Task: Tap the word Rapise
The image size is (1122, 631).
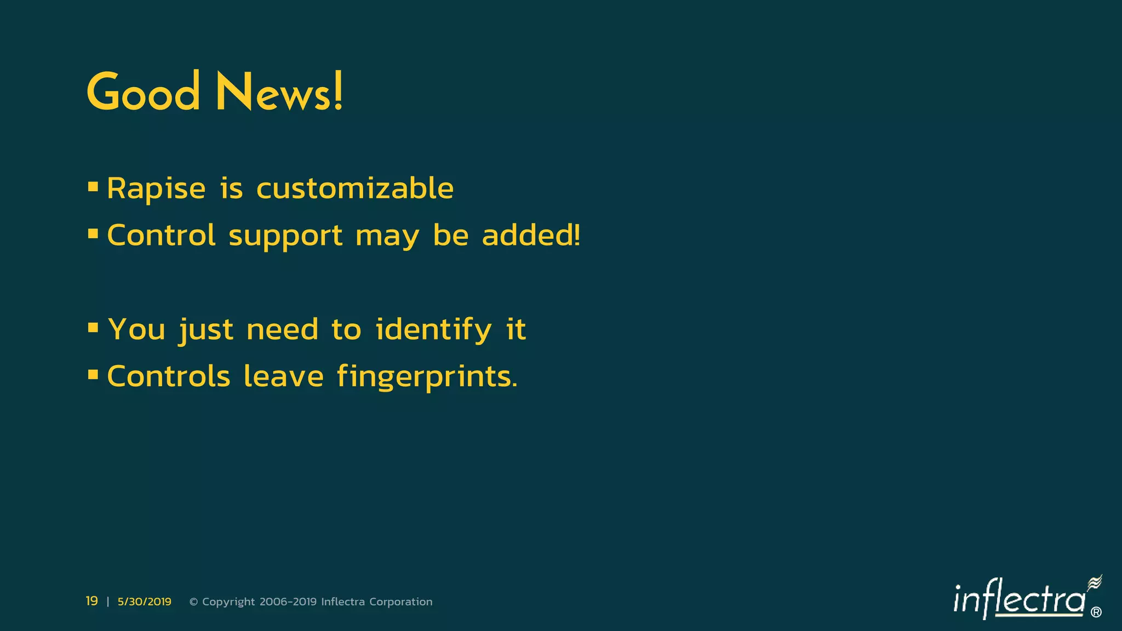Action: pos(156,189)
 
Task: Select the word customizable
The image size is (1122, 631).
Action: pos(355,189)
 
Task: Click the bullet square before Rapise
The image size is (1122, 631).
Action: pos(93,187)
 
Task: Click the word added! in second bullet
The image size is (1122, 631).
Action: pos(531,236)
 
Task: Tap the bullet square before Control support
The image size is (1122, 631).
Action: pos(93,234)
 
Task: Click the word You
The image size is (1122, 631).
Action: pos(137,330)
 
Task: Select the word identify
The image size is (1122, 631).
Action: pos(433,330)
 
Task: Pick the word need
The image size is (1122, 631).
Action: pos(282,330)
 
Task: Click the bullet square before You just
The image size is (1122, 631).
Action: pos(93,328)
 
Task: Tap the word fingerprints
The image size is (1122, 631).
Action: pos(427,377)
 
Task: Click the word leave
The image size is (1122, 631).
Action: pos(284,377)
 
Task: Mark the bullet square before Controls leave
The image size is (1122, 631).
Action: pos(93,375)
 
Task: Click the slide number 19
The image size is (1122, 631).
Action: pos(91,601)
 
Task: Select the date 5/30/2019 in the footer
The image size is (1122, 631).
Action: pos(144,602)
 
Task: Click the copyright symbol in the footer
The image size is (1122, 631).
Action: pos(193,602)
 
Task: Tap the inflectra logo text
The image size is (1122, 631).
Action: pos(1019,599)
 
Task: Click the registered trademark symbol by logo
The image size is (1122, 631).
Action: pos(1096,612)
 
